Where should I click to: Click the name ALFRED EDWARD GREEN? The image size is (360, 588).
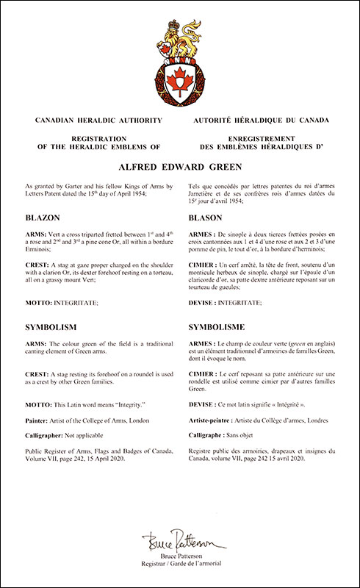click(x=179, y=166)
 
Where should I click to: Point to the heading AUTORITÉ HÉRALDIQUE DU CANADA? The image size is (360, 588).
click(x=260, y=118)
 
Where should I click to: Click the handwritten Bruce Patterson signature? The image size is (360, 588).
click(x=180, y=542)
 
